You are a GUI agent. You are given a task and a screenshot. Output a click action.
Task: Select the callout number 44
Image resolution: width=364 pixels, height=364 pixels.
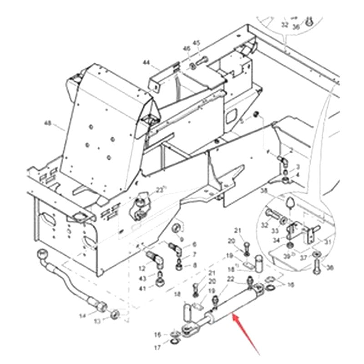point(146,62)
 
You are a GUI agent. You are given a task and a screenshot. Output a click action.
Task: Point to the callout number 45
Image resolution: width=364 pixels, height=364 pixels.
point(197,43)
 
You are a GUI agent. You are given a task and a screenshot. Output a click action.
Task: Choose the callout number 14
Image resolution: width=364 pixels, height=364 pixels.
point(82,316)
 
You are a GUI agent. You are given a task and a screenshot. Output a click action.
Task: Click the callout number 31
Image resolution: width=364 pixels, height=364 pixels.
point(327,242)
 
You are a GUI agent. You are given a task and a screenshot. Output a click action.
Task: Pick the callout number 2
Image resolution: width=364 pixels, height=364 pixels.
point(291,150)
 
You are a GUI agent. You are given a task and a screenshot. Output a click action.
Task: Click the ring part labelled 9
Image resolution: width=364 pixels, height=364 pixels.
point(178,227)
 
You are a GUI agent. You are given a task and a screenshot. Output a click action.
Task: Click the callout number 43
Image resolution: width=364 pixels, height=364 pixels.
point(143,278)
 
